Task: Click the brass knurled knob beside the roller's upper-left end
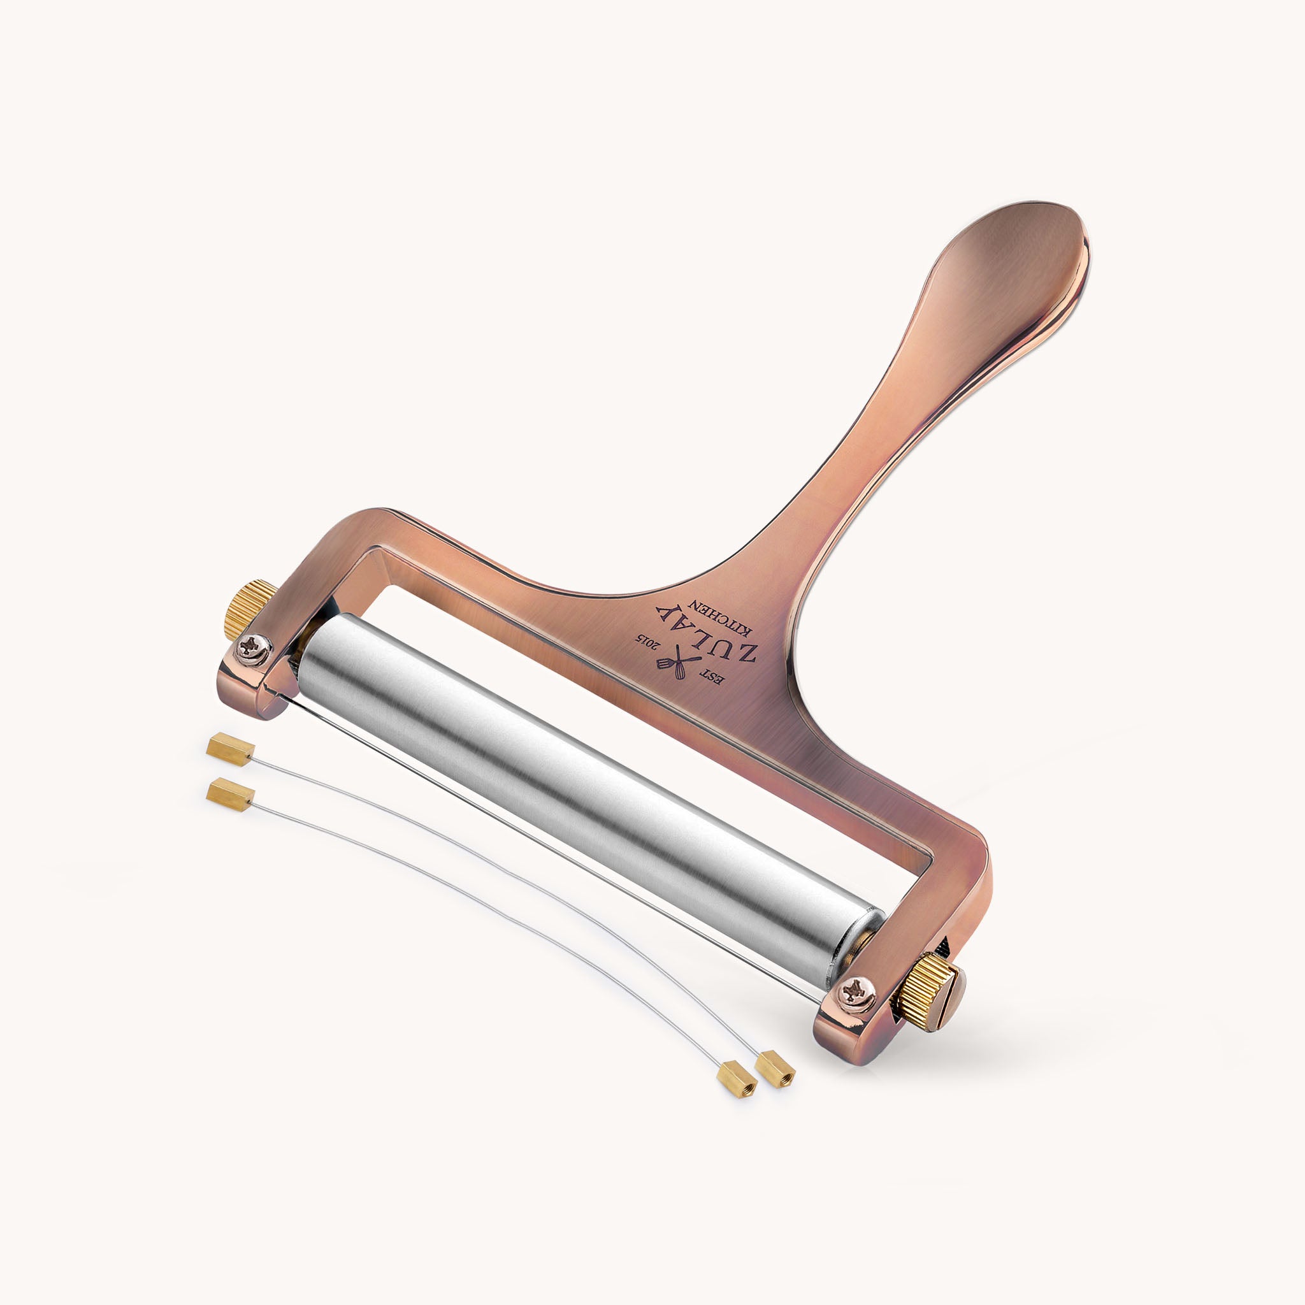(x=249, y=608)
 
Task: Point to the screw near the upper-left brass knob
(x=254, y=649)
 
